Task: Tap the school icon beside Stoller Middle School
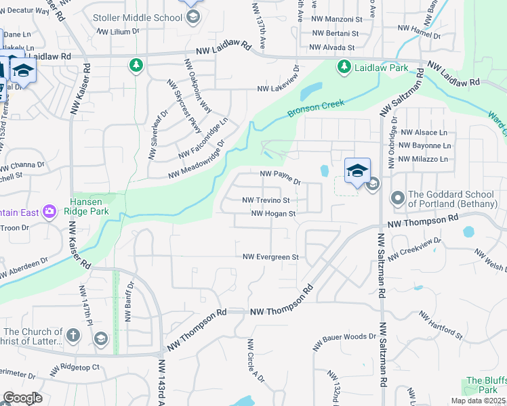[x=192, y=16]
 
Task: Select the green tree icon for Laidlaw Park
[x=344, y=66]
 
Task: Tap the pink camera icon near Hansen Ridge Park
[x=49, y=212]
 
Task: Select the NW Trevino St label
[x=266, y=200]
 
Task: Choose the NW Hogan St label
[x=274, y=214]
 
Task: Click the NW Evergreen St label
[x=271, y=257]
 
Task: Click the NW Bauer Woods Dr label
[x=344, y=341]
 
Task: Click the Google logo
[x=22, y=398]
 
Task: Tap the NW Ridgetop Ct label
[x=75, y=370]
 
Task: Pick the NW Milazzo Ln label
[x=424, y=159]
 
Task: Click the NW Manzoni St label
[x=336, y=20]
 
